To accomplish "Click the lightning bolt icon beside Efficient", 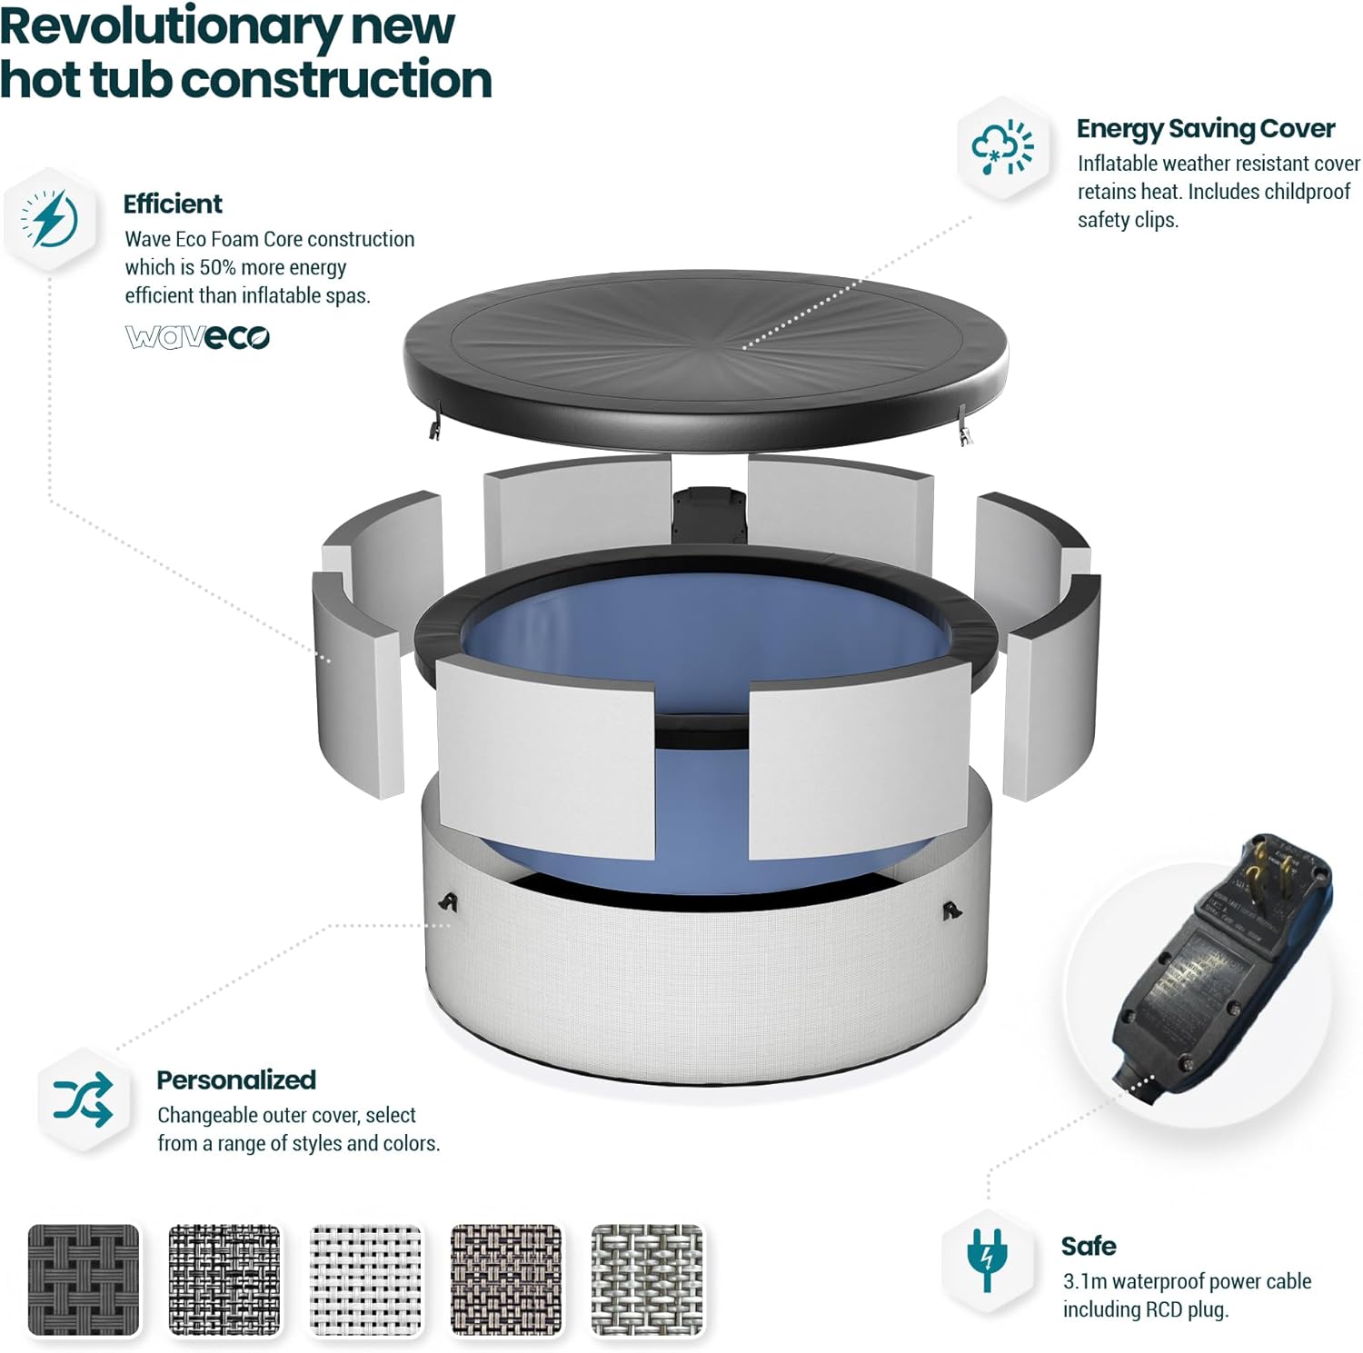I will pos(52,218).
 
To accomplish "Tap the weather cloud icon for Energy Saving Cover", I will pos(1002,146).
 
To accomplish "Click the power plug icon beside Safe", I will pos(987,1258).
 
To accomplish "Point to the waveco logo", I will pos(197,337).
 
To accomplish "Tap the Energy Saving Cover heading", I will pos(1205,129).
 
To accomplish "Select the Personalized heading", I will pos(236,1079).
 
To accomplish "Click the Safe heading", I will pos(1088,1246).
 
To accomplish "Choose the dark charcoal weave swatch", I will pos(85,1279).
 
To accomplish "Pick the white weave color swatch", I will pos(366,1279).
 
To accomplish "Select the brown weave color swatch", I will pos(506,1279).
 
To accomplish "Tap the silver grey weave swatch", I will pos(647,1279).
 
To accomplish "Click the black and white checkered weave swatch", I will pos(224,1279).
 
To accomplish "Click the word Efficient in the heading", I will pos(173,204).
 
